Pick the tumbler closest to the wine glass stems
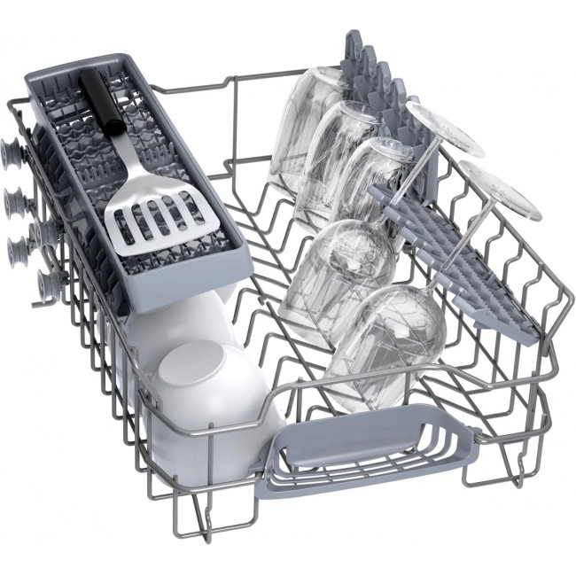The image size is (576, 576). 377,177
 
